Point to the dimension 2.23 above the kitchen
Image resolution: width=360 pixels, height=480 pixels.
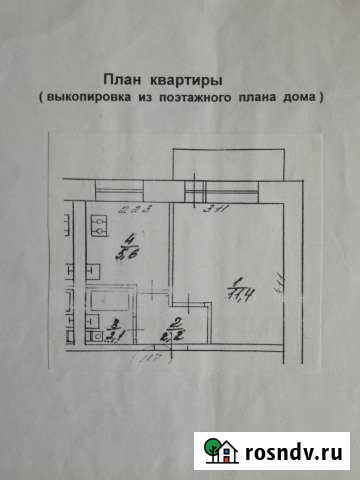[133, 209]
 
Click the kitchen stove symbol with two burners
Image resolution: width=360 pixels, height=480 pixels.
[99, 225]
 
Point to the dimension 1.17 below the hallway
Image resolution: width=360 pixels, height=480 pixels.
[150, 358]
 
